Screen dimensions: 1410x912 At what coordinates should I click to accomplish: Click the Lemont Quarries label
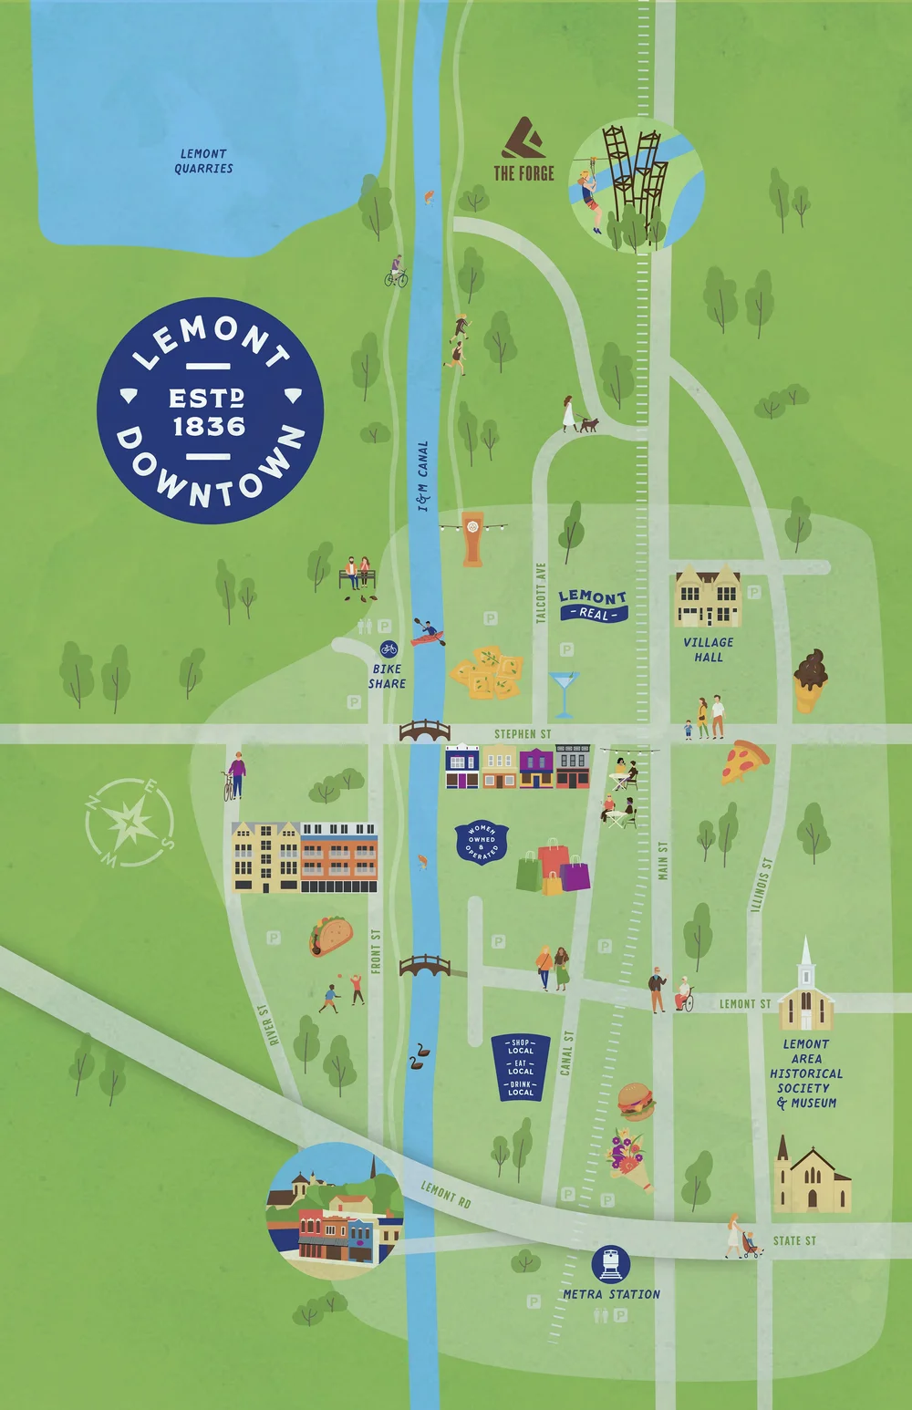pyautogui.click(x=204, y=161)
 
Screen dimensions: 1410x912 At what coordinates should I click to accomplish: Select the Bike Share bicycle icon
pyautogui.click(x=389, y=649)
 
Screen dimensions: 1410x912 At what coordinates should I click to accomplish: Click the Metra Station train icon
pyautogui.click(x=611, y=1265)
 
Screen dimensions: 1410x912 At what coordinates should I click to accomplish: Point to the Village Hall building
pyautogui.click(x=707, y=597)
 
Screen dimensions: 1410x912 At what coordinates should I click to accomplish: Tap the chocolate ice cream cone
pyautogui.click(x=809, y=679)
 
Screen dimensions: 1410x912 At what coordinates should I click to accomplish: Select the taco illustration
pyautogui.click(x=330, y=936)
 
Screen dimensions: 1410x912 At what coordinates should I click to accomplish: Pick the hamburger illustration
pyautogui.click(x=636, y=1101)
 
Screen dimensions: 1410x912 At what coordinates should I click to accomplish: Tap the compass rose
pyautogui.click(x=129, y=823)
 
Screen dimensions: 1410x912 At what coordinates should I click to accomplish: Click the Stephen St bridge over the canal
pyautogui.click(x=425, y=731)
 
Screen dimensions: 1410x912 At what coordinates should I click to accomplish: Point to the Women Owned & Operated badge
pyautogui.click(x=482, y=842)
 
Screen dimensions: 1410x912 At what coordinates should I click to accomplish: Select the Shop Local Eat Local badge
pyautogui.click(x=520, y=1066)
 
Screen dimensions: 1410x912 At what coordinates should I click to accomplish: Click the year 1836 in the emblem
pyautogui.click(x=209, y=427)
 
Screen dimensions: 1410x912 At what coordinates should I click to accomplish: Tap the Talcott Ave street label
pyautogui.click(x=541, y=593)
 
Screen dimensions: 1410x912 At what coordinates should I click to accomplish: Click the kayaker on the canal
pyautogui.click(x=427, y=632)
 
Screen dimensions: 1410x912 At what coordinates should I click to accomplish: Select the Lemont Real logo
pyautogui.click(x=593, y=605)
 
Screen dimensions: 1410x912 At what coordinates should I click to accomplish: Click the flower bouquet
pyautogui.click(x=628, y=1158)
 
